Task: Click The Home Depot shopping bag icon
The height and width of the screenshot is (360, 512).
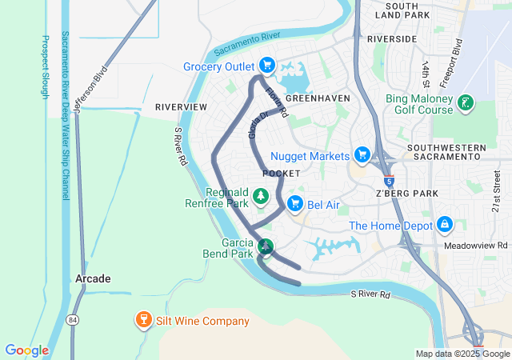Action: tap(445, 226)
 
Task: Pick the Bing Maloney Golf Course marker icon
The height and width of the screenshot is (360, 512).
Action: tap(464, 102)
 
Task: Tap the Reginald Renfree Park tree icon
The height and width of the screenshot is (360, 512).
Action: tap(260, 196)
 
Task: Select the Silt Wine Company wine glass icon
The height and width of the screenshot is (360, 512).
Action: tap(144, 321)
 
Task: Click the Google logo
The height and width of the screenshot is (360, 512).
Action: tap(26, 350)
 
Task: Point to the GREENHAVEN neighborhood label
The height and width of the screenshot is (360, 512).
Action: tap(318, 98)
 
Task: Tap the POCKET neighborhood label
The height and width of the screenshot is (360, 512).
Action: tap(281, 174)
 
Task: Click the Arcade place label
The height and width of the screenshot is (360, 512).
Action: tap(93, 278)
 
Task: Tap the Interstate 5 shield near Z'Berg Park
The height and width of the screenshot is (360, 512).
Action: tap(389, 180)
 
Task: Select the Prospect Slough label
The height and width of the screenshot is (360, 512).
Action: tap(45, 67)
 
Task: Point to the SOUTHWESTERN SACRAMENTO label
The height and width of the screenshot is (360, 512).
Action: tap(446, 154)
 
